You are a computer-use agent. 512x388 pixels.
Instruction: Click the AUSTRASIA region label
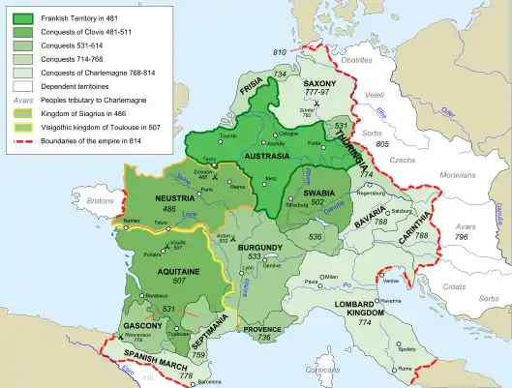(267, 156)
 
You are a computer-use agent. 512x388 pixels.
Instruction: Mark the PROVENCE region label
(265, 329)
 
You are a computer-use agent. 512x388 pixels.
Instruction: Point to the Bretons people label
(101, 200)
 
